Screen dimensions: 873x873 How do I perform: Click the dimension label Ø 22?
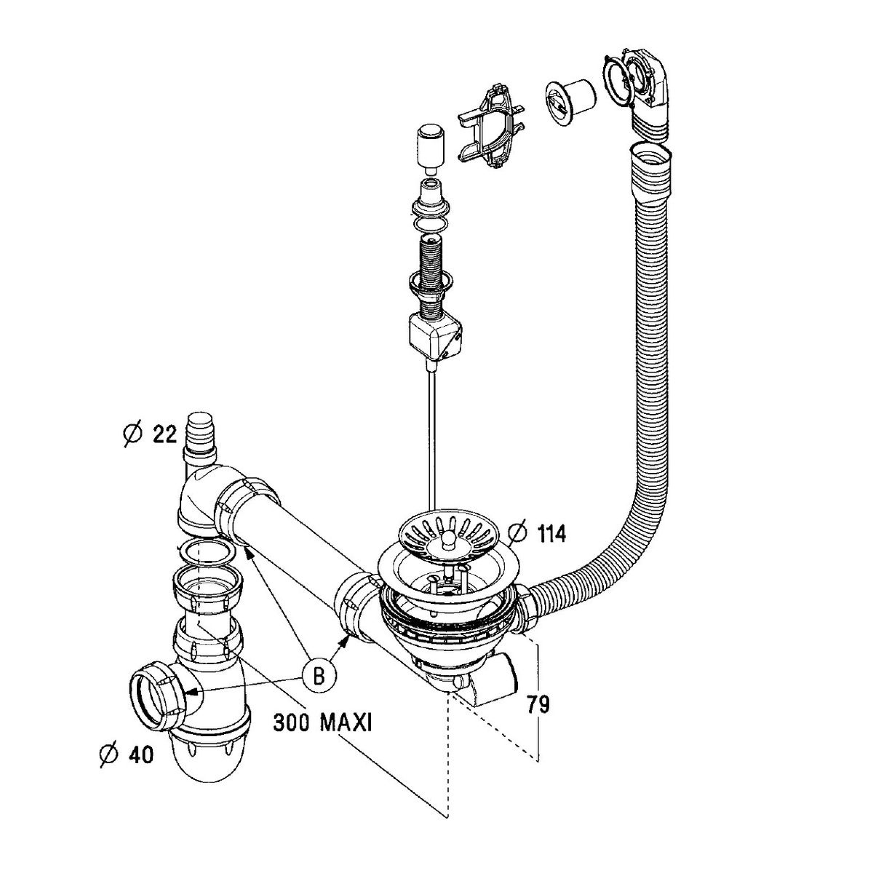[x=150, y=435]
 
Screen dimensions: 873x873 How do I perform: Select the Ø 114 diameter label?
[x=538, y=533]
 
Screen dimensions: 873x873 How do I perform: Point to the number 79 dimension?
[x=538, y=704]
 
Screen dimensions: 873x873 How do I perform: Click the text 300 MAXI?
[x=323, y=722]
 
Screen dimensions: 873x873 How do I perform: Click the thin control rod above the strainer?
[x=433, y=436]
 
